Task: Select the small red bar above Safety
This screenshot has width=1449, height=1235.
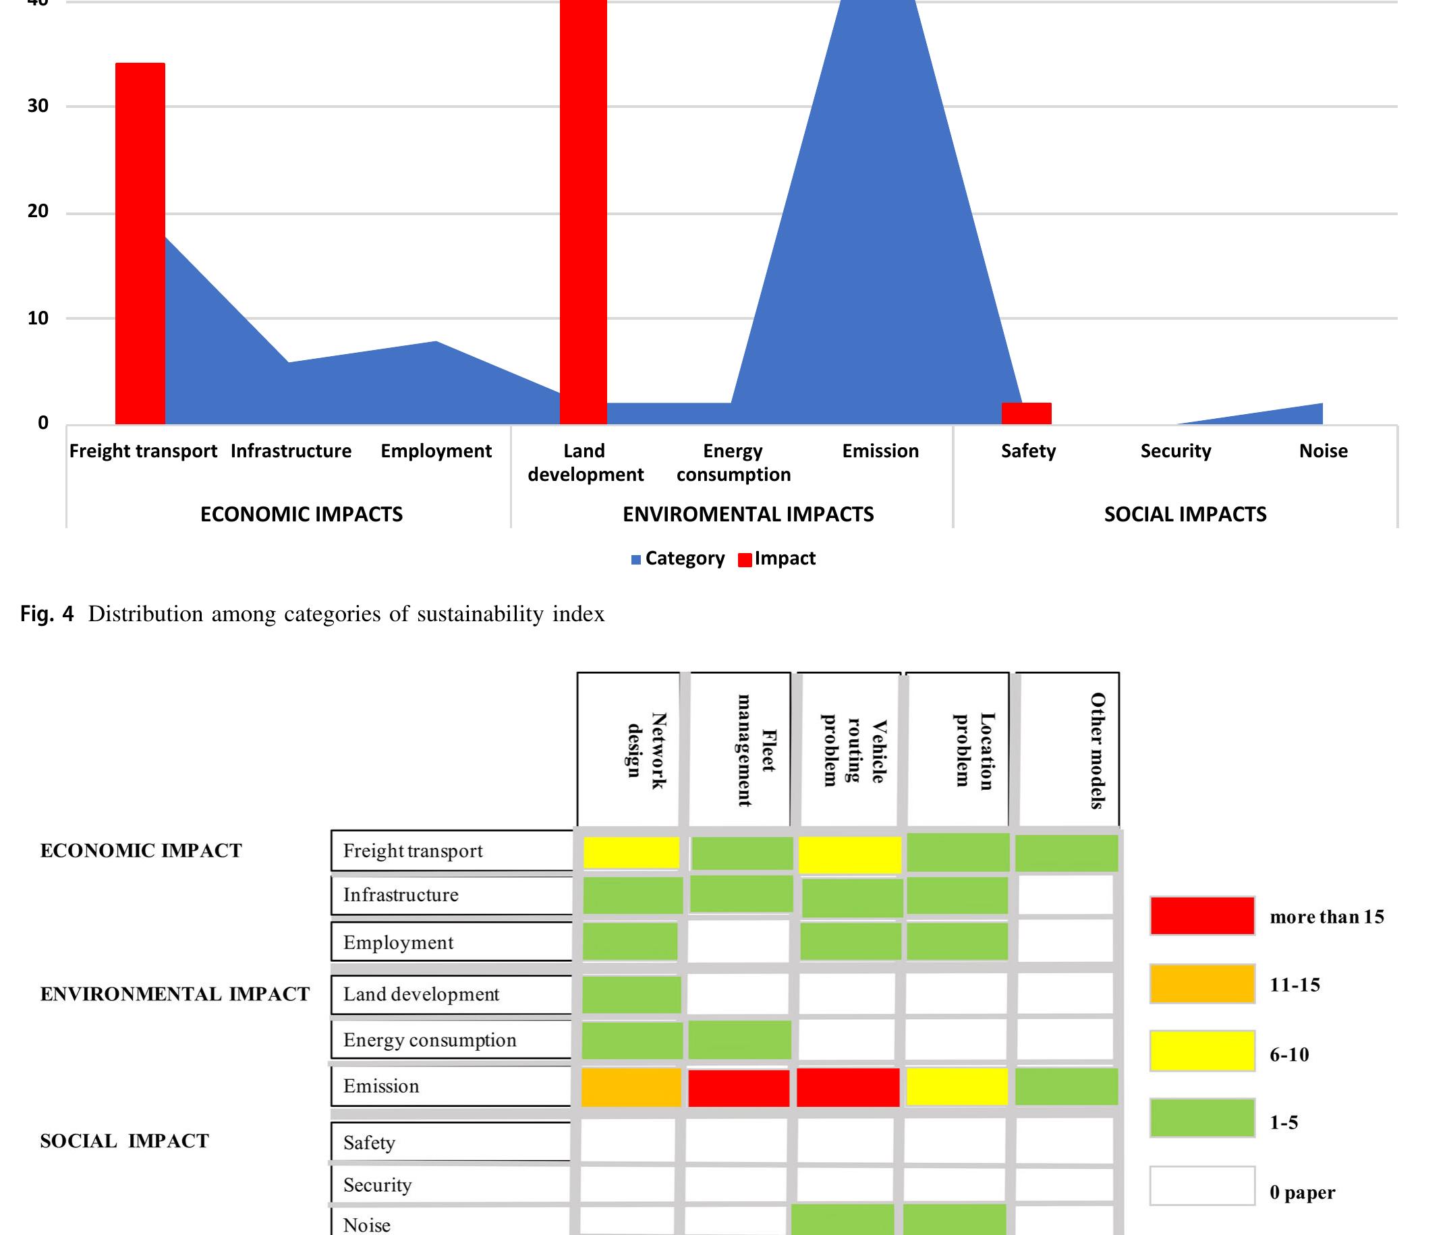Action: point(1026,413)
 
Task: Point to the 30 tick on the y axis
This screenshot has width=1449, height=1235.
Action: point(38,107)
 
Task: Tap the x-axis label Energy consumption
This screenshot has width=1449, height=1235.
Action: point(733,462)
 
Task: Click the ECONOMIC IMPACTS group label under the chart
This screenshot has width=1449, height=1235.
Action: point(302,515)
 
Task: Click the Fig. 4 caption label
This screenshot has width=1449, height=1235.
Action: point(46,614)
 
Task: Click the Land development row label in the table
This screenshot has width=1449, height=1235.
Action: point(421,994)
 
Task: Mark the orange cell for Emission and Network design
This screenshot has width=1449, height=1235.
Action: point(631,1087)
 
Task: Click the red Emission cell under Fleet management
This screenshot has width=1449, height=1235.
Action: point(739,1087)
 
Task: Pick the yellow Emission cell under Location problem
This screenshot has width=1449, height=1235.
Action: point(957,1086)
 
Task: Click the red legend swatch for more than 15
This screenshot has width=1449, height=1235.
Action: point(1201,915)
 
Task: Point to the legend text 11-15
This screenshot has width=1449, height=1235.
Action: point(1295,985)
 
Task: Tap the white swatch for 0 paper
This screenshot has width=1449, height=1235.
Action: point(1201,1185)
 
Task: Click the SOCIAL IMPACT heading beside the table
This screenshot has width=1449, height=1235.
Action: point(125,1141)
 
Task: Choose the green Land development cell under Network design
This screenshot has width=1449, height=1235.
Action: point(631,994)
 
